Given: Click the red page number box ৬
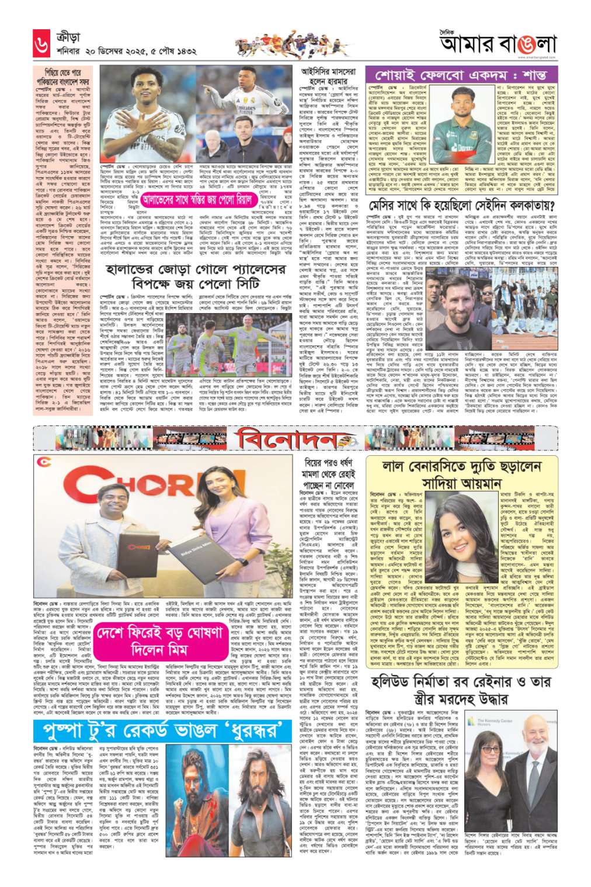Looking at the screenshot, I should point(41,44).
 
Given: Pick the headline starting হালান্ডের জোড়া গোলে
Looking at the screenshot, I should point(196,276).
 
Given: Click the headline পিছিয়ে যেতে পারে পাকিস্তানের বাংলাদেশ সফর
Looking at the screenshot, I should point(62,77).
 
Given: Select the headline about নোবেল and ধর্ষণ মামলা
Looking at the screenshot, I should point(329,473).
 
